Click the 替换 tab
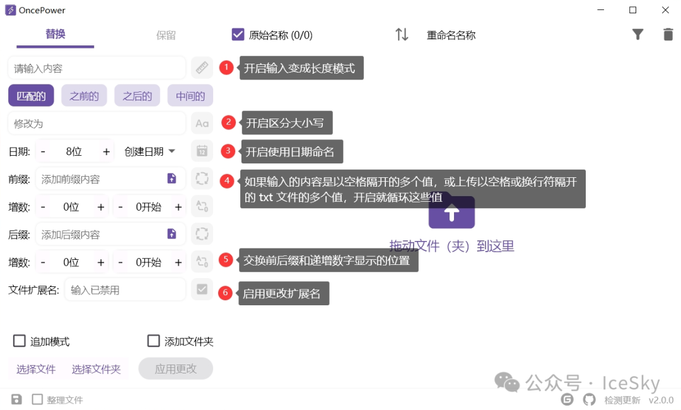click(x=55, y=34)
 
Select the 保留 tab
click(x=166, y=35)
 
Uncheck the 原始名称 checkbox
click(x=238, y=35)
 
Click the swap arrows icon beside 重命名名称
click(x=402, y=35)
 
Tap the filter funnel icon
click(x=637, y=35)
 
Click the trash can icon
click(x=668, y=35)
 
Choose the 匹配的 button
click(x=31, y=96)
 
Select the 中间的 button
click(x=190, y=96)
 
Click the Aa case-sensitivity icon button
click(x=202, y=124)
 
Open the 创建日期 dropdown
click(x=150, y=151)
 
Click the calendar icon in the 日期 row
click(x=202, y=151)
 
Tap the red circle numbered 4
click(x=227, y=180)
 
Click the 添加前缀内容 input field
click(x=101, y=179)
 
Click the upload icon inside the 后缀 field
click(x=172, y=234)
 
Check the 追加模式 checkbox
click(x=20, y=341)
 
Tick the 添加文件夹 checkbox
click(x=153, y=341)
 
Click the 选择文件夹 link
click(x=96, y=369)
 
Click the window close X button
click(x=665, y=10)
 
